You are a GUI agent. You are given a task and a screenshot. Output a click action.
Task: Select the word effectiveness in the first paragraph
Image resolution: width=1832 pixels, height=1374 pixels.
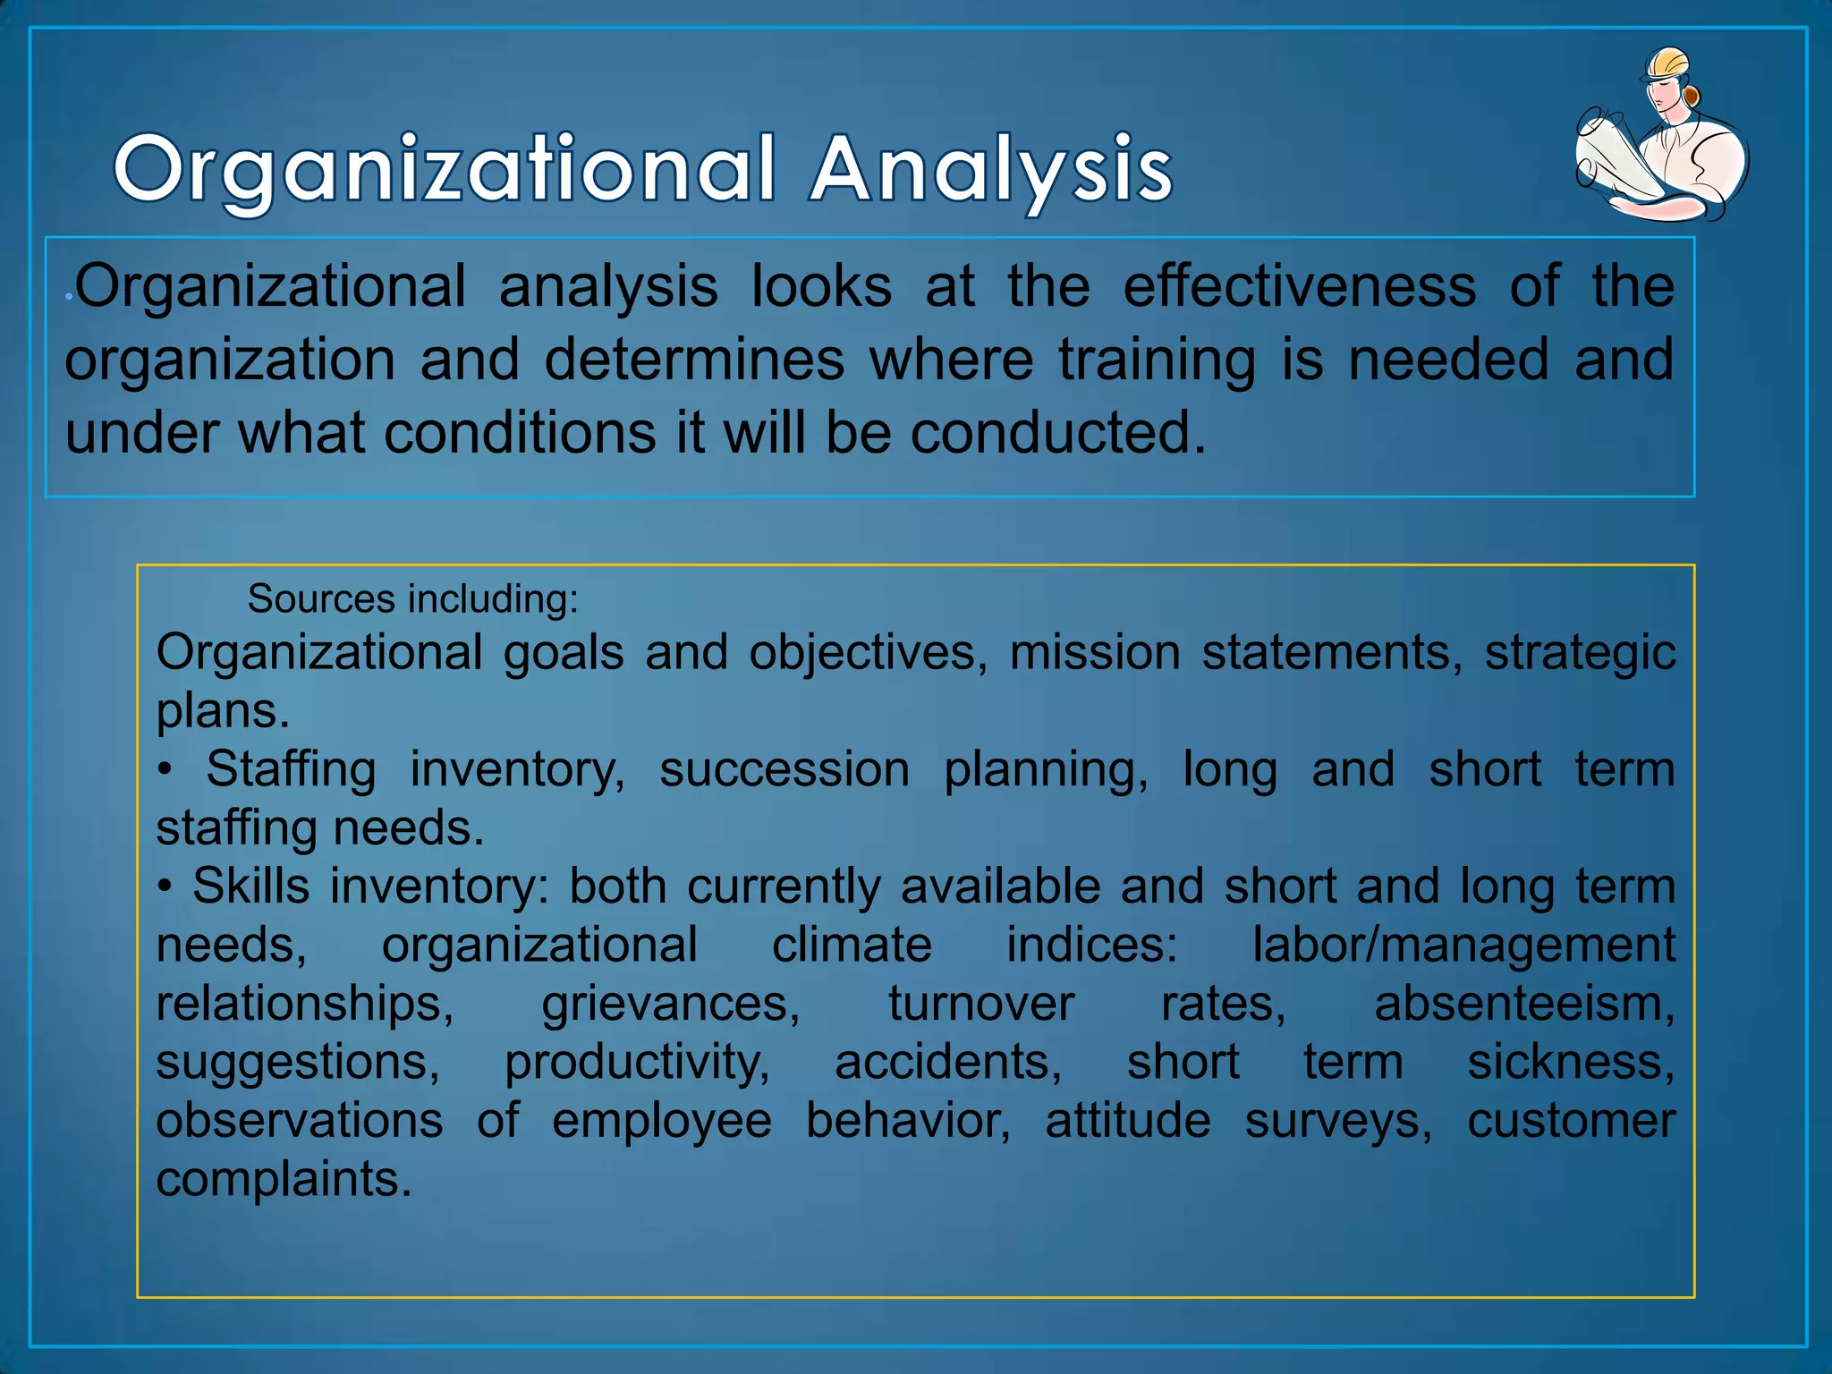tap(1299, 286)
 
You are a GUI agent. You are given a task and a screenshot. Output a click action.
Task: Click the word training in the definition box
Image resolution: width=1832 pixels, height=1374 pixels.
tap(1158, 360)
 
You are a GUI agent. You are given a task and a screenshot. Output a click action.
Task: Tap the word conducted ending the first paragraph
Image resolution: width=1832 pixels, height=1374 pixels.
tap(1057, 433)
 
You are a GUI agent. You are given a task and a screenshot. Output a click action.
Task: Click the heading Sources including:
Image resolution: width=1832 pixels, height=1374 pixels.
tap(413, 598)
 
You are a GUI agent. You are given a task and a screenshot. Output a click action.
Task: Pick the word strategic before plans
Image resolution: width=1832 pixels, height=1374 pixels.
tap(1580, 652)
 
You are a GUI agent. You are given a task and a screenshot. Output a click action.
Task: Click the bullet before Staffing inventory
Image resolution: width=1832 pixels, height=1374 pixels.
tap(165, 770)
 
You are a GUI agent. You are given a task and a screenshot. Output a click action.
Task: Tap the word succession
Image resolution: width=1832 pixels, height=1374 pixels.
tap(785, 769)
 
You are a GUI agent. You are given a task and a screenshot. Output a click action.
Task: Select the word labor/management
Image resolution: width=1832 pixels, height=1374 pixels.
tap(1463, 945)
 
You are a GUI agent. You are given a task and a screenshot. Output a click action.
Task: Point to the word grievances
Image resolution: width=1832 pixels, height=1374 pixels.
tap(670, 1004)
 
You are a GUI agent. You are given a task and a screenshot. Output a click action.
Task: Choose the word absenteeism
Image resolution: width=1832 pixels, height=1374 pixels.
tap(1524, 1004)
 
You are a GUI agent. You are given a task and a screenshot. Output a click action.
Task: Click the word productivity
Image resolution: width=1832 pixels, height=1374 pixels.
tap(637, 1063)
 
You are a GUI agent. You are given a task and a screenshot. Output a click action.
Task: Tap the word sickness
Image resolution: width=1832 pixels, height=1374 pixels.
tap(1571, 1063)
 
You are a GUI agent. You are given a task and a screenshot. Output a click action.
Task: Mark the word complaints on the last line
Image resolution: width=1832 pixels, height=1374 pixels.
tap(284, 1180)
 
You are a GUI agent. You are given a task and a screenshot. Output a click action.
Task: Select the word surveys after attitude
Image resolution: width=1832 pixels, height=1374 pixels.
tap(1338, 1121)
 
